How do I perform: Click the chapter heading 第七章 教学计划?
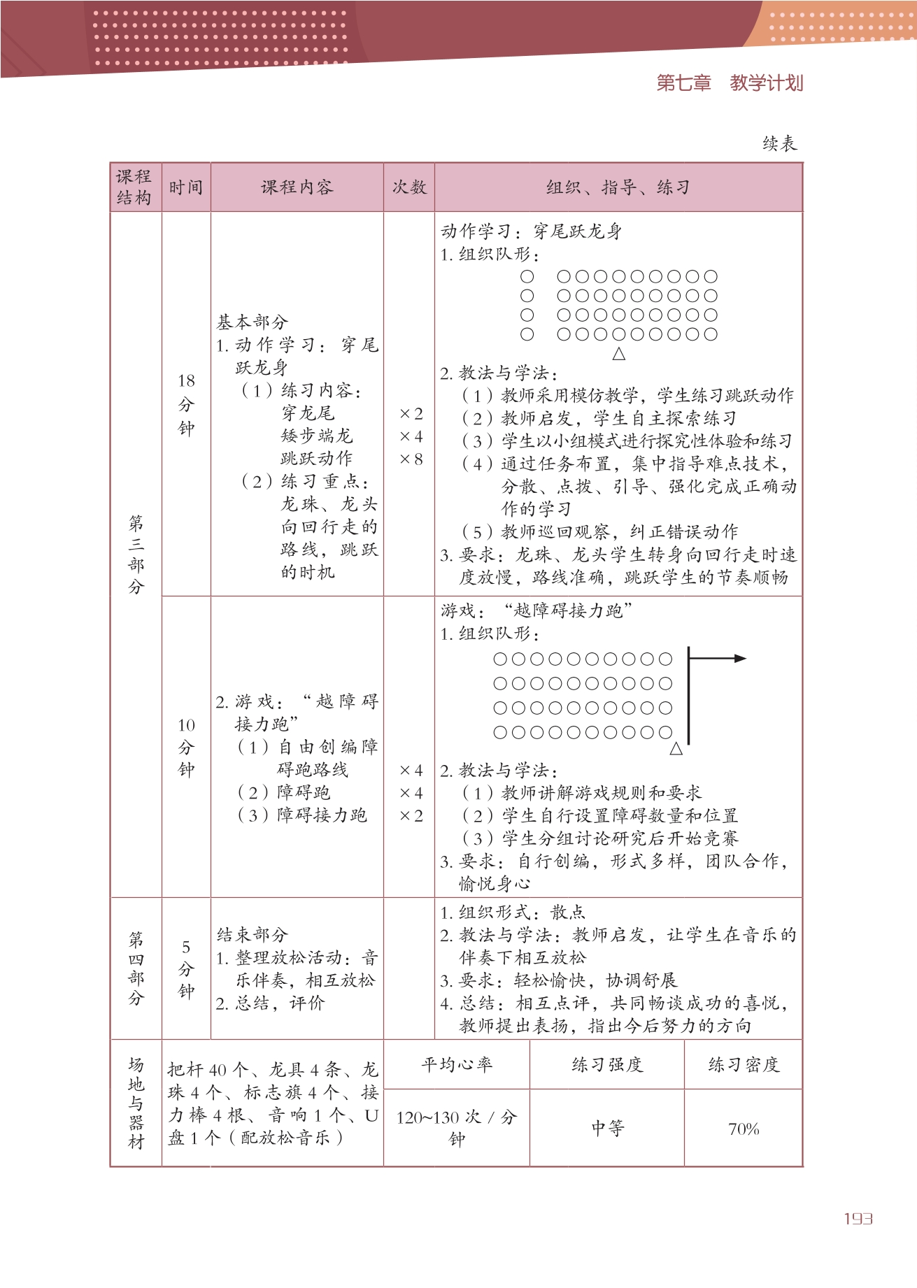tap(729, 83)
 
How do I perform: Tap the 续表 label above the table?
tap(779, 144)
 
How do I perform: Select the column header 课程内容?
tap(297, 187)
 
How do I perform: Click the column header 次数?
tap(409, 187)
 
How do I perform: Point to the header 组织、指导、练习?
tap(618, 187)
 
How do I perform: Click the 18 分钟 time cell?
tap(186, 404)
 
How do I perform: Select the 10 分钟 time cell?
tap(186, 747)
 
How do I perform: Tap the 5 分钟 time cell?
tap(186, 968)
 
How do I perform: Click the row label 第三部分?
tap(136, 554)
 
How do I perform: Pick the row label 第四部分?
tap(136, 968)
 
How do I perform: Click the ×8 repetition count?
tap(411, 459)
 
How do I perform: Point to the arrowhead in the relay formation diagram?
tap(740, 658)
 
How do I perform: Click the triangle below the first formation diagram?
tap(618, 354)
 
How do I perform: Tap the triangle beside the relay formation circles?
tap(676, 749)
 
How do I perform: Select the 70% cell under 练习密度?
tap(743, 1129)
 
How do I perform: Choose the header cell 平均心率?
tap(456, 1064)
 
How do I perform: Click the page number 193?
tap(858, 1219)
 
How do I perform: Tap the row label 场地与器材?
tap(136, 1103)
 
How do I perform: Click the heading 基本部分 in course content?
tap(252, 322)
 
